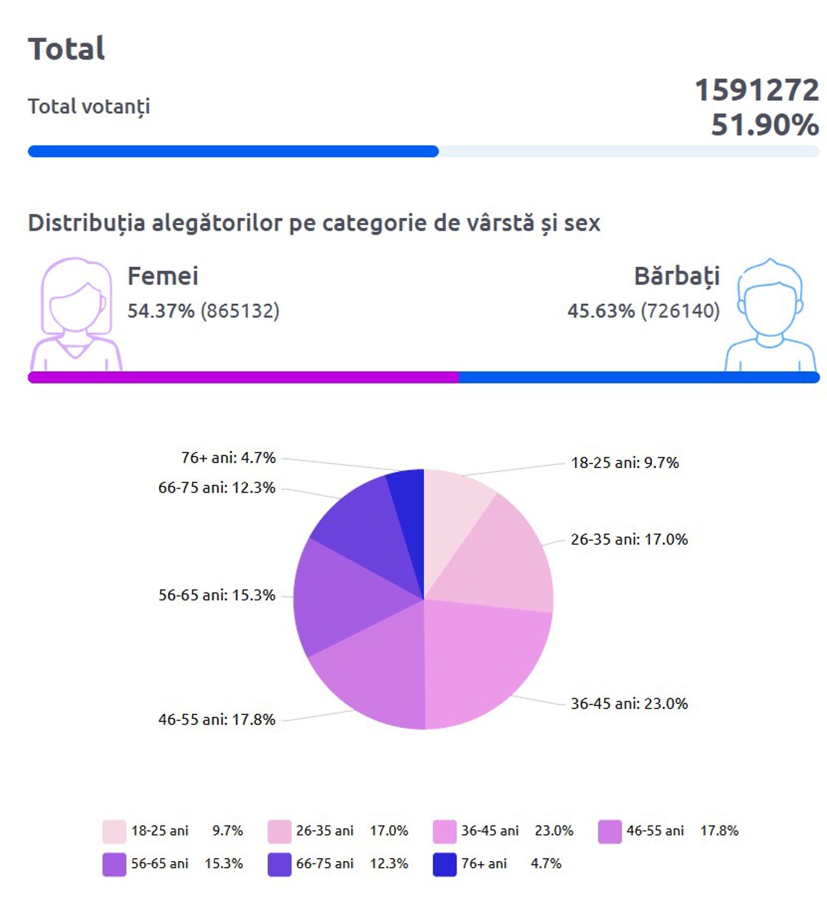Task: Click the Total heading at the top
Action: pyautogui.click(x=66, y=49)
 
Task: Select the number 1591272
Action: pyautogui.click(x=757, y=90)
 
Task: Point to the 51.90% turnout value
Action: pyautogui.click(x=765, y=125)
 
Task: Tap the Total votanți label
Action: pyautogui.click(x=89, y=107)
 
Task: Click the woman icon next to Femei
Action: pyautogui.click(x=76, y=314)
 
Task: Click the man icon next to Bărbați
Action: pyautogui.click(x=769, y=315)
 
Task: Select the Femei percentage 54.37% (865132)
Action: pyautogui.click(x=203, y=311)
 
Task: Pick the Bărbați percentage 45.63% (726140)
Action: pyautogui.click(x=644, y=311)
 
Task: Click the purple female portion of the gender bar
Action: pyautogui.click(x=242, y=378)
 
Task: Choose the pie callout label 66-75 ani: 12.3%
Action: pyautogui.click(x=216, y=488)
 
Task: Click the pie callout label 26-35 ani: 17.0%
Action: pyautogui.click(x=629, y=540)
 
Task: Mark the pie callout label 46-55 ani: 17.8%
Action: pyautogui.click(x=216, y=720)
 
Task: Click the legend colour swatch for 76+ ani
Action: pyautogui.click(x=445, y=864)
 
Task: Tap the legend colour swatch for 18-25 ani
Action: pyautogui.click(x=114, y=831)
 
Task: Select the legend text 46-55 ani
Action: pyautogui.click(x=654, y=831)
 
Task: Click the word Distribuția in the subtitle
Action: pyautogui.click(x=86, y=223)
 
